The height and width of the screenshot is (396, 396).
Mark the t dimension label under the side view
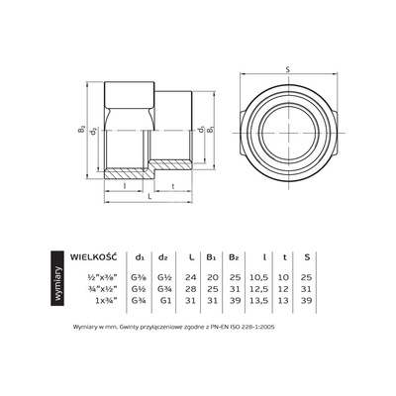174,185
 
